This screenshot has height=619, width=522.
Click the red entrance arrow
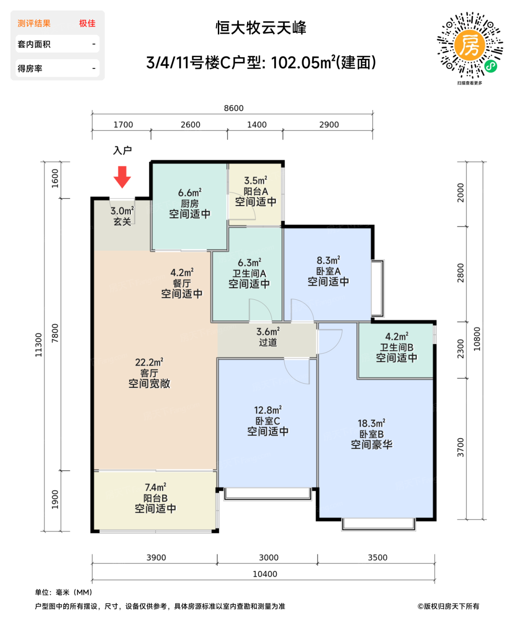(x=122, y=176)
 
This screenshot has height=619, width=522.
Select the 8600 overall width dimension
(x=233, y=108)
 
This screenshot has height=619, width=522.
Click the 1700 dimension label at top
(x=123, y=125)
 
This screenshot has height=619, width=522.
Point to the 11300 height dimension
(x=39, y=345)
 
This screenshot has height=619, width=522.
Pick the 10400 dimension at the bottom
(x=265, y=574)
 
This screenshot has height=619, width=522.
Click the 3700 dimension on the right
(x=461, y=447)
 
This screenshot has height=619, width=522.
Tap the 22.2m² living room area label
(x=149, y=363)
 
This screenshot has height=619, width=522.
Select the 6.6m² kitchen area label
(x=190, y=193)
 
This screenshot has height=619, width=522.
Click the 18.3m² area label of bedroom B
(x=371, y=424)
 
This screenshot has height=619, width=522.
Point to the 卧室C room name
(x=267, y=421)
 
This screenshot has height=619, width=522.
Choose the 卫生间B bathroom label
(x=396, y=348)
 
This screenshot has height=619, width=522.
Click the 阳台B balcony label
(x=155, y=498)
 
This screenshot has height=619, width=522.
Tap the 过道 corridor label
(x=268, y=342)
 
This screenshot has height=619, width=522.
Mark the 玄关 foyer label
(x=122, y=222)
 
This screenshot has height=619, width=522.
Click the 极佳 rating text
(x=87, y=23)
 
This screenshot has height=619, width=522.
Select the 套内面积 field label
(x=34, y=44)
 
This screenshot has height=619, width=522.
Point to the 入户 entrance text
(x=122, y=150)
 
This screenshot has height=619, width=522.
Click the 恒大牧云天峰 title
(x=261, y=28)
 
